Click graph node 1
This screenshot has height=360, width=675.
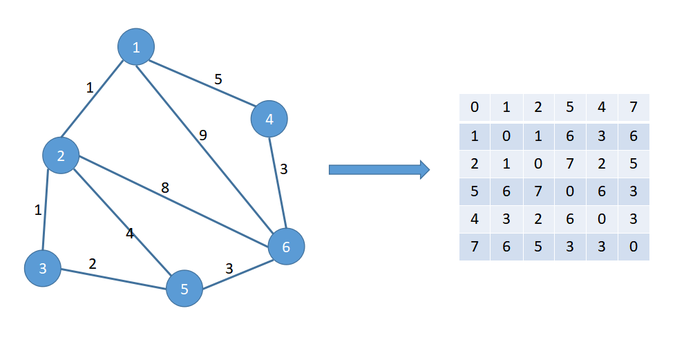(x=136, y=47)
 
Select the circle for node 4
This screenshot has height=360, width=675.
(x=269, y=119)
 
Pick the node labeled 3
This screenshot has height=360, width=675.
(x=43, y=268)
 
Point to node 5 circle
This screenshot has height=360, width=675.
(x=184, y=288)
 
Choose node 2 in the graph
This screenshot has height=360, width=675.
(x=61, y=155)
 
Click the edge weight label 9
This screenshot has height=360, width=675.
(x=203, y=135)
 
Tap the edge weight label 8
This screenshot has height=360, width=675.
(x=165, y=187)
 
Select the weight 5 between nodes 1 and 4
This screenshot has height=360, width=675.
(x=218, y=79)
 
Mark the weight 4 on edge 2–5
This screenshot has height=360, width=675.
(x=129, y=234)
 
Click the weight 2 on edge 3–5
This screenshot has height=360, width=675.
(x=92, y=263)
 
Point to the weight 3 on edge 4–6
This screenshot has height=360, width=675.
(x=284, y=168)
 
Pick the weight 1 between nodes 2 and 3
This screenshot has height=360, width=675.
(x=38, y=210)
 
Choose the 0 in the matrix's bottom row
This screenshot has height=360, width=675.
(x=634, y=247)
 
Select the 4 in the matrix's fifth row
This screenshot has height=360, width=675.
(x=475, y=218)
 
